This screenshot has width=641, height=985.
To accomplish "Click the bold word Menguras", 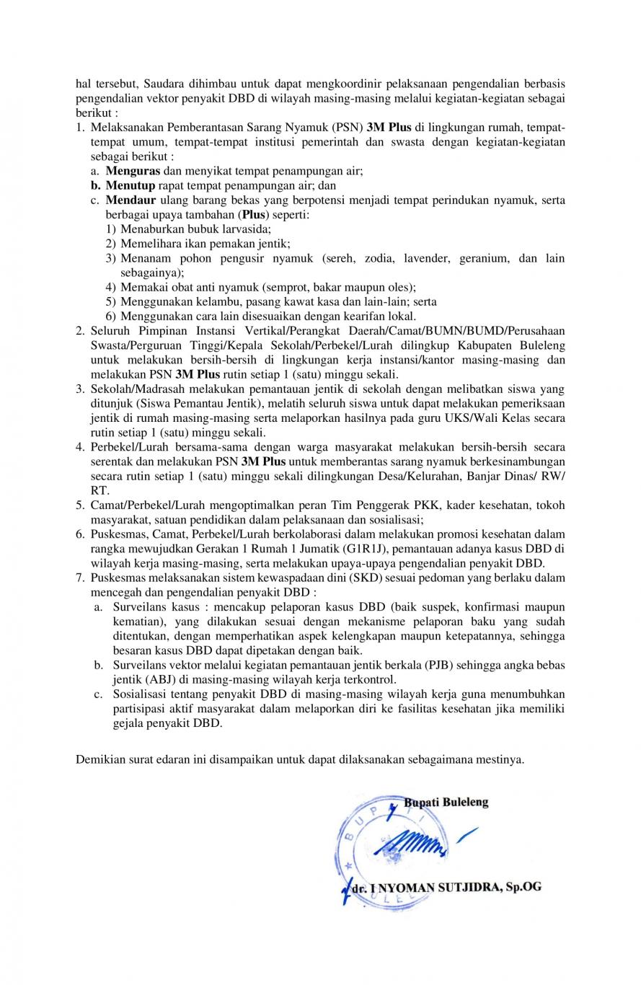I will click(133, 171).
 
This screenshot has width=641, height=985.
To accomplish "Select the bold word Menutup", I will click(131, 185).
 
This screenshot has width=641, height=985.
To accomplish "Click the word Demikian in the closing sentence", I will click(99, 759).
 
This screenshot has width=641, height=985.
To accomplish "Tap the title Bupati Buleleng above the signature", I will click(446, 802).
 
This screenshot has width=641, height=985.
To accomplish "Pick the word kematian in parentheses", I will click(137, 622).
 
